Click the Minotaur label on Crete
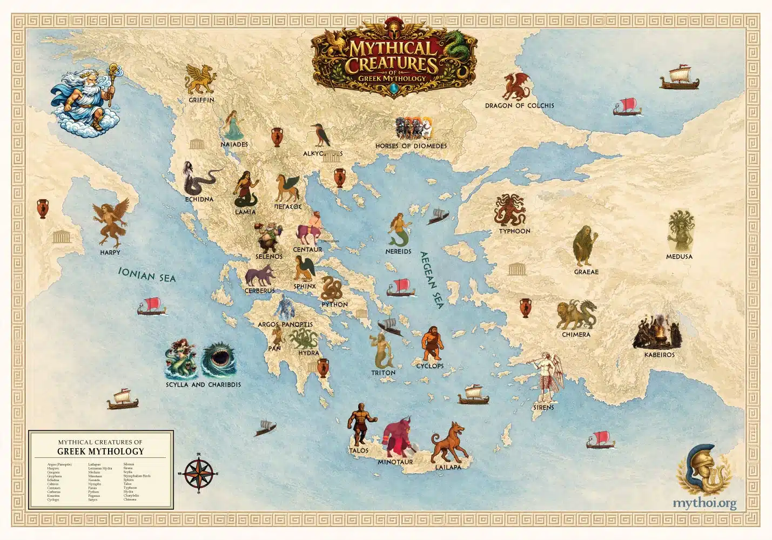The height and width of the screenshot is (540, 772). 395,462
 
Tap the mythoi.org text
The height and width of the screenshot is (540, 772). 704,503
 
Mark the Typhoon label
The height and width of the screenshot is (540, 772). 514,231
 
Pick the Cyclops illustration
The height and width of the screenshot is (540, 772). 432,343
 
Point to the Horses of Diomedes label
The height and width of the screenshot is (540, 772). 411,146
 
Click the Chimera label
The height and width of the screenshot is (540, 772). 576,335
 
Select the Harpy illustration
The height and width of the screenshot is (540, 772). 111,222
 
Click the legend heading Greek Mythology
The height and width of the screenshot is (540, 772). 100,451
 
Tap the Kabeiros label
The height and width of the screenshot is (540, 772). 659,355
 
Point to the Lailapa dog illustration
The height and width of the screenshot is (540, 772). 448,442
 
